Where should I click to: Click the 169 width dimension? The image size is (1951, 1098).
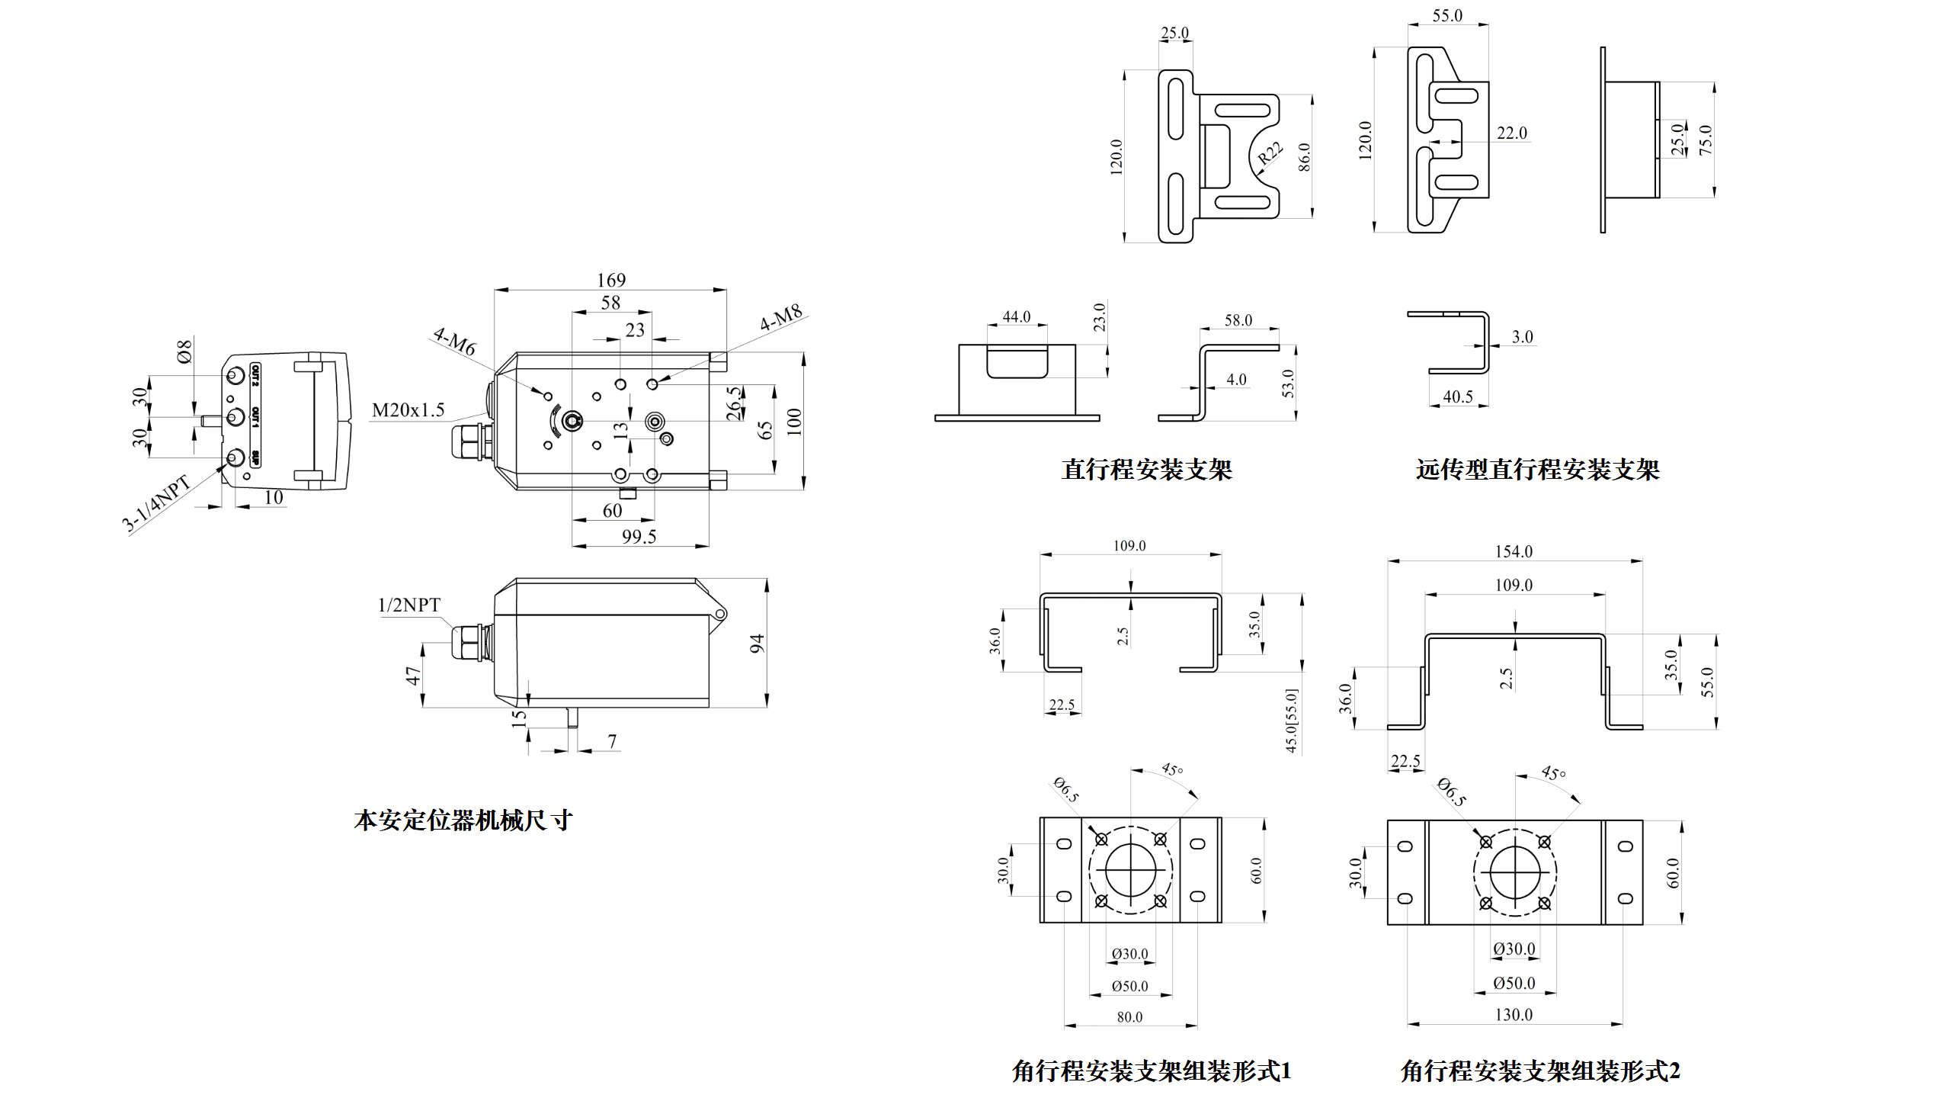click(x=611, y=280)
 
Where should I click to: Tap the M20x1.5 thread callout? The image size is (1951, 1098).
click(x=408, y=410)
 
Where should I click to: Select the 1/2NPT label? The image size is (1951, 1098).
click(x=409, y=605)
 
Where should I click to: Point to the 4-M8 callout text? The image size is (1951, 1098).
click(x=781, y=317)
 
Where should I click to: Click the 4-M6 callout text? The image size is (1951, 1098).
click(x=454, y=342)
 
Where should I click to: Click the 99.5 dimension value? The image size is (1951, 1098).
click(x=639, y=537)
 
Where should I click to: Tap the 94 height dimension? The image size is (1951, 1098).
click(x=757, y=643)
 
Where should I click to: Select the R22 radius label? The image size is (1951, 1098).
click(x=1270, y=153)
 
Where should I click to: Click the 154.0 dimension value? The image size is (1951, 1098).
click(x=1514, y=551)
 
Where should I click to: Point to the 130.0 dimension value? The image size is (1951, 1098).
click(x=1514, y=1015)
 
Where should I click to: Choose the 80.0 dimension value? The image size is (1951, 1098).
click(x=1129, y=1017)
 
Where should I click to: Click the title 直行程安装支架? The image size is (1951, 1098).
click(x=1146, y=470)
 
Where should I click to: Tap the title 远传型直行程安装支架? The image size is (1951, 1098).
click(x=1537, y=470)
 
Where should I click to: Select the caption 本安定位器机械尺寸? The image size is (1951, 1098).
click(x=463, y=820)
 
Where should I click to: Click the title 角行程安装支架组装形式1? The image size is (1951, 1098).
click(x=1151, y=1071)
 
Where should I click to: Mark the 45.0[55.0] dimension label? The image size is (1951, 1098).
click(x=1292, y=721)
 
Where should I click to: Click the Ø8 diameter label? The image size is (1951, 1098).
click(x=184, y=352)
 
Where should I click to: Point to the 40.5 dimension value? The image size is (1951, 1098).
click(x=1458, y=396)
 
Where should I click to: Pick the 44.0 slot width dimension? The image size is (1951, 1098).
click(x=1017, y=316)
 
